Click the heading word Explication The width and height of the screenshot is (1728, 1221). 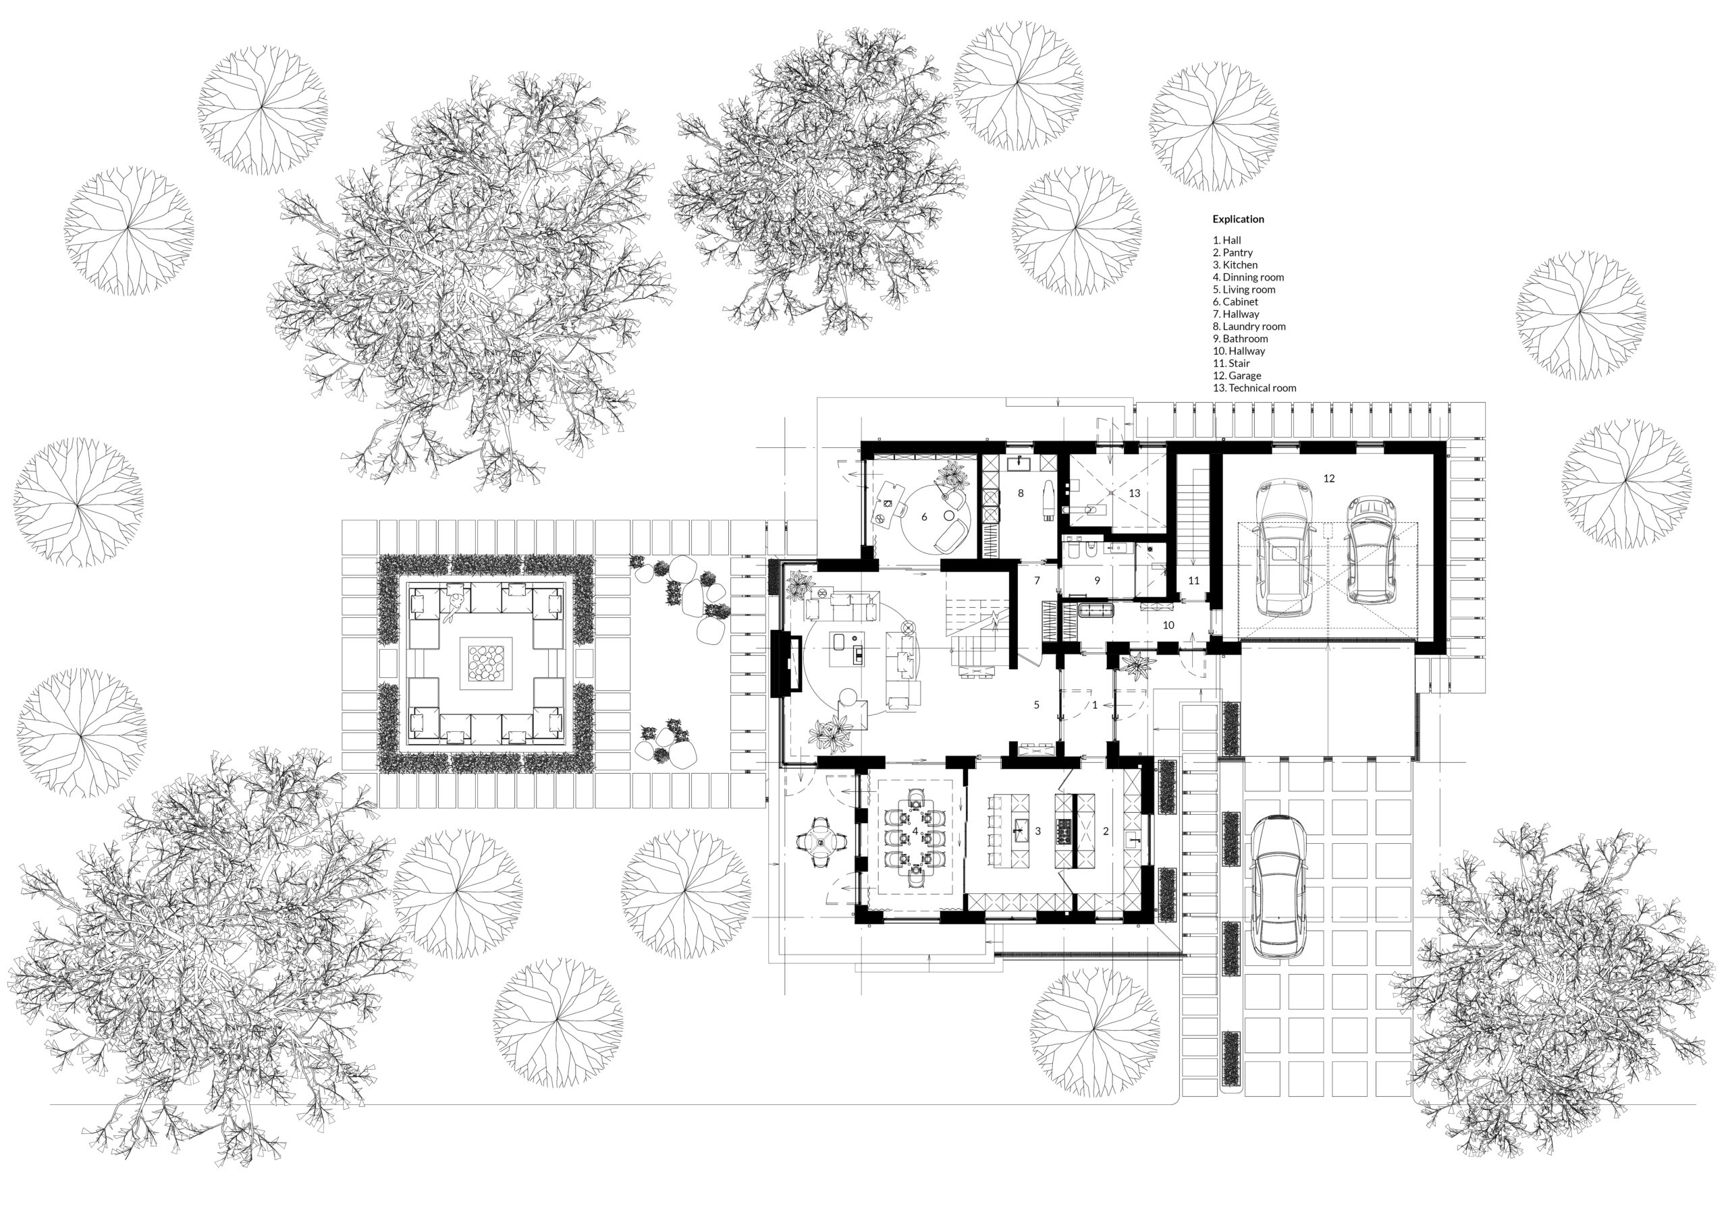pos(1238,219)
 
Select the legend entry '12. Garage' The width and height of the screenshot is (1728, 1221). pos(1237,375)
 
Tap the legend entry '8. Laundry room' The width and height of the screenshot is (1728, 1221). pos(1249,326)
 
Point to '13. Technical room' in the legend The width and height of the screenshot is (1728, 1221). pos(1254,388)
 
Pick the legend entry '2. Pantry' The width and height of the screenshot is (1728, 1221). pos(1233,253)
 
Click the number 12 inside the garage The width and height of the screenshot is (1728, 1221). pos(1328,478)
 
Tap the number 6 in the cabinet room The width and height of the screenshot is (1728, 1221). pos(924,517)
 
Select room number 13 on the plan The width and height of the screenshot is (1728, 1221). pos(1134,494)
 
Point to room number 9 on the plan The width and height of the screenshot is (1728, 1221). pos(1098,580)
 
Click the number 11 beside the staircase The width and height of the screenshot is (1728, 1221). pos(1193,580)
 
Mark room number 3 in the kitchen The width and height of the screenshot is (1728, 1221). pos(1038,831)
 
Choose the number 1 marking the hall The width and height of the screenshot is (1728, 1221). pos(1095,705)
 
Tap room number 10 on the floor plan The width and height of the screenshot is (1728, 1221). pos(1168,625)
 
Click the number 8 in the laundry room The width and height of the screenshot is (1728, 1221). pos(1021,494)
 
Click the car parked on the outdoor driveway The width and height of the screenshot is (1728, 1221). pos(1277,887)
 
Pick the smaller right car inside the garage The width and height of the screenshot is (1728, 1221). pos(1370,550)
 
